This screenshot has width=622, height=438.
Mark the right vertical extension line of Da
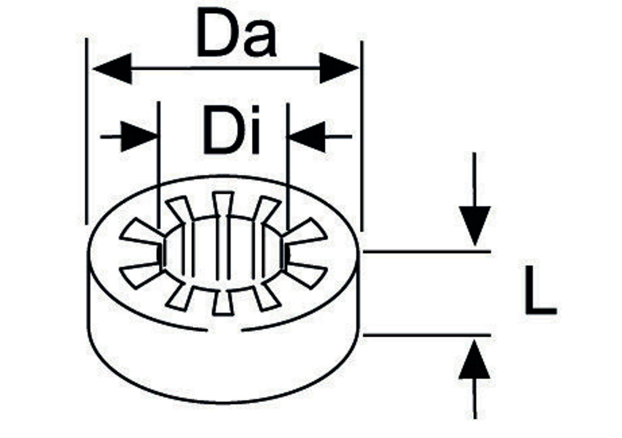(362, 135)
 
